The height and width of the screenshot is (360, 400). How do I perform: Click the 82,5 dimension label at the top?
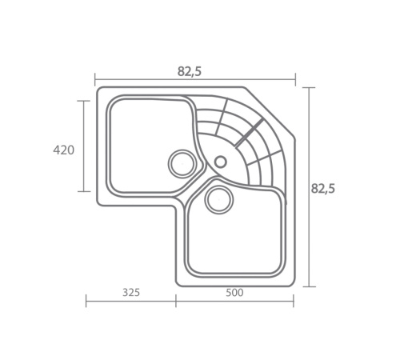pyautogui.click(x=190, y=71)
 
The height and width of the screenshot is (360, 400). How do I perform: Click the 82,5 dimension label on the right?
pyautogui.click(x=322, y=189)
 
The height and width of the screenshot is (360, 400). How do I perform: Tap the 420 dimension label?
pyautogui.click(x=63, y=150)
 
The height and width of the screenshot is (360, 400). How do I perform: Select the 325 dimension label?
pyautogui.click(x=131, y=293)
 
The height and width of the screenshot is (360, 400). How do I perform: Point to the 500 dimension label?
pyautogui.click(x=234, y=293)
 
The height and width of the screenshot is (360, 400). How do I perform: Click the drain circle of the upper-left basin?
pyautogui.click(x=182, y=164)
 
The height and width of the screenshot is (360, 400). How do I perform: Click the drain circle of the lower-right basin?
pyautogui.click(x=219, y=199)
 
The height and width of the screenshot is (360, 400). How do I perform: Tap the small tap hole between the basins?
pyautogui.click(x=221, y=162)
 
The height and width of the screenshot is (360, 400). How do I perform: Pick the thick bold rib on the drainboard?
pyautogui.click(x=250, y=133)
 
